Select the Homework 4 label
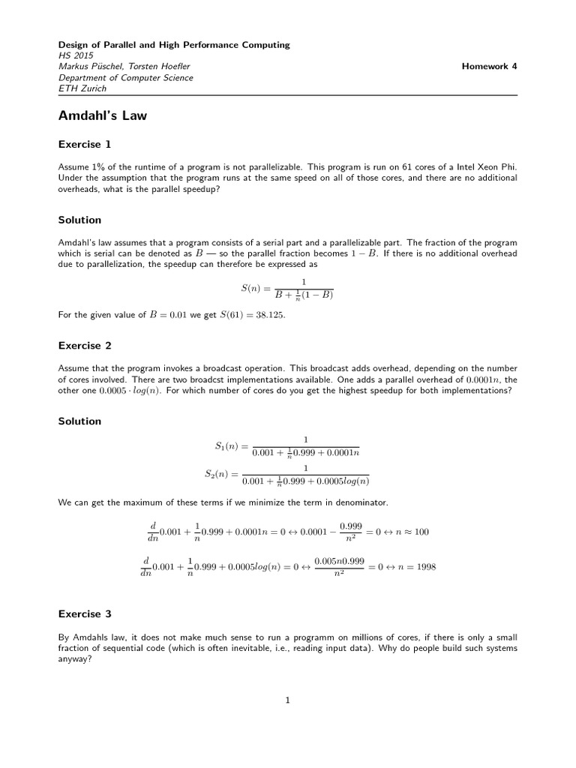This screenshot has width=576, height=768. (489, 66)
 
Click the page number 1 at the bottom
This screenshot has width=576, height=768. (287, 700)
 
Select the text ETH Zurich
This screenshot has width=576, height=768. (82, 88)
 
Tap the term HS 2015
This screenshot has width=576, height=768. (73, 55)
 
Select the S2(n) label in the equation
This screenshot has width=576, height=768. (220, 474)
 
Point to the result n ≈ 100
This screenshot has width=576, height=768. (412, 532)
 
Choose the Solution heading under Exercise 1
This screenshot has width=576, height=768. (79, 220)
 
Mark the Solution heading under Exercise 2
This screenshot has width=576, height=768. (79, 421)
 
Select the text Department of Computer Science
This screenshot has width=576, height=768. (125, 77)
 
